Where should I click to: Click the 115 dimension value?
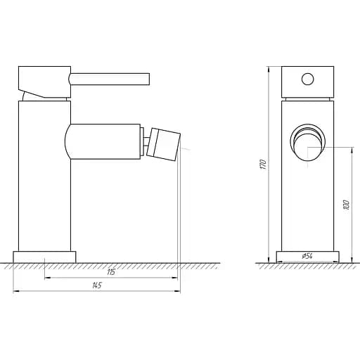111,271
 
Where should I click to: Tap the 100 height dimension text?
346,205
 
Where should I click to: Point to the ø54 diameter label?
307,257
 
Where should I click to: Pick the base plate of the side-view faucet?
44,257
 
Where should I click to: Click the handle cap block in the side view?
44,79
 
